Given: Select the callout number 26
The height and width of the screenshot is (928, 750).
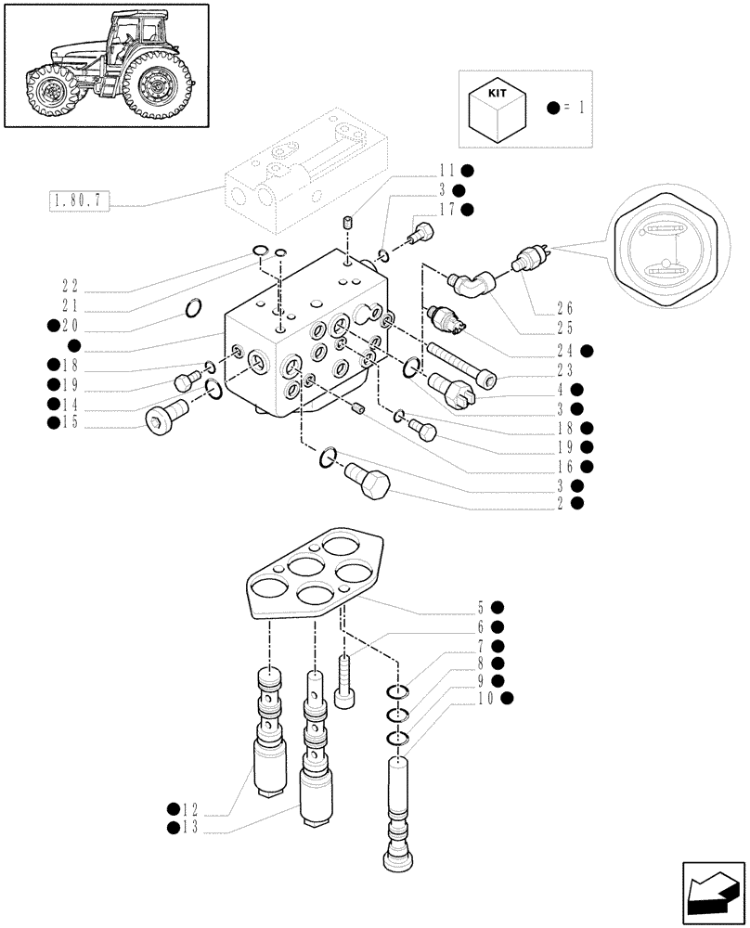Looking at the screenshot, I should tap(564, 308).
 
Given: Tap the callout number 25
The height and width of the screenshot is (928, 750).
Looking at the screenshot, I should tap(564, 329).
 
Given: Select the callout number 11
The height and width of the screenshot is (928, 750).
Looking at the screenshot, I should tap(448, 171).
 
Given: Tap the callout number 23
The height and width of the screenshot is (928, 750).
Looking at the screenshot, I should tap(564, 369).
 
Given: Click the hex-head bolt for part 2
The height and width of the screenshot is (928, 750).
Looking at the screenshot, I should tap(369, 480).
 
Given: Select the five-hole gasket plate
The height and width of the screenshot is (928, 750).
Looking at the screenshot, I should tap(315, 574).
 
